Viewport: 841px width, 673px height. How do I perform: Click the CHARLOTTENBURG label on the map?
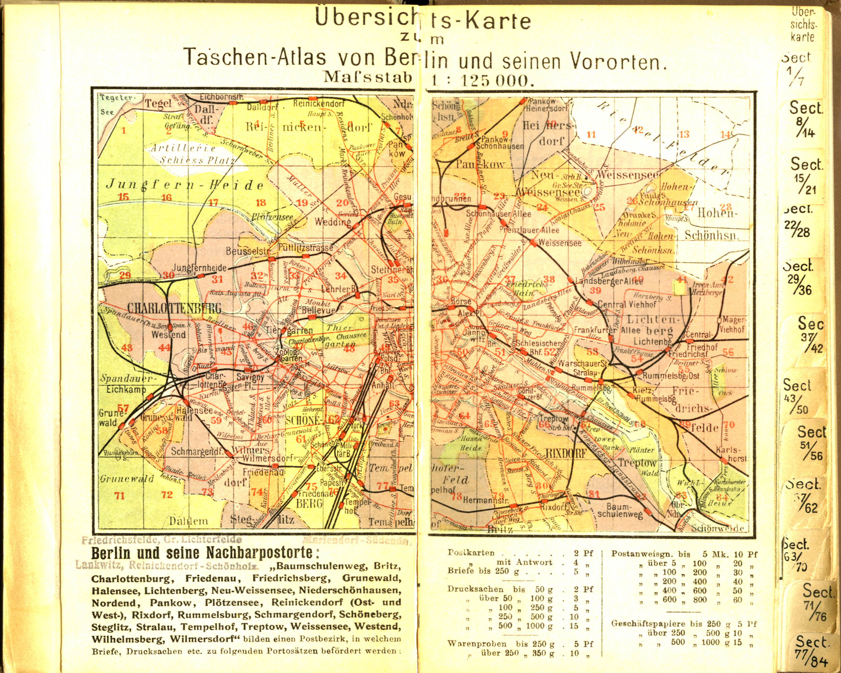point(174,309)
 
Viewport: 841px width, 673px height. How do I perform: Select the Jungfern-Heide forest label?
point(185,185)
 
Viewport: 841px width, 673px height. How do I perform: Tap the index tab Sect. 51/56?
point(810,442)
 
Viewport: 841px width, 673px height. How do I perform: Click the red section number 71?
point(119,496)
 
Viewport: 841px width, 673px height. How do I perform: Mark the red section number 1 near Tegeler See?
point(124,131)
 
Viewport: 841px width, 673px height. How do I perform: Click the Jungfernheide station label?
point(199,268)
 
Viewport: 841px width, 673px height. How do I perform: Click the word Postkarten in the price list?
point(471,553)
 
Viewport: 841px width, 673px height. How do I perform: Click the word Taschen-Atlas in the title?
point(255,57)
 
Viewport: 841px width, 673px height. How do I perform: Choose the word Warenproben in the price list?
point(477,644)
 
